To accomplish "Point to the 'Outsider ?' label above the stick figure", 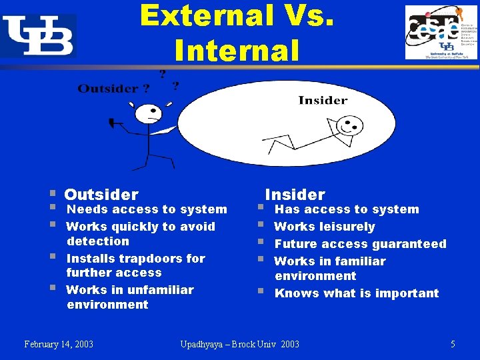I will click(x=113, y=89).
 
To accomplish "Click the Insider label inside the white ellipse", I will click(x=323, y=100).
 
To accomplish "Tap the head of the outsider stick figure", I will click(x=149, y=114).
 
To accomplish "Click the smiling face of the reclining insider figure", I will click(x=349, y=125).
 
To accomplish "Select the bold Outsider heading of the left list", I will click(x=101, y=195).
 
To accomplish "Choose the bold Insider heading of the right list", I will click(x=295, y=195).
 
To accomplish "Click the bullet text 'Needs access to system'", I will click(x=147, y=209).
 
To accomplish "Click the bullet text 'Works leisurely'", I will click(x=325, y=227).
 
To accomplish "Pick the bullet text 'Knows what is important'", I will click(x=357, y=293).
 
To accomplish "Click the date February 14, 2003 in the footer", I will click(x=59, y=344).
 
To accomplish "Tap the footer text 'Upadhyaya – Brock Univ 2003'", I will click(x=240, y=344).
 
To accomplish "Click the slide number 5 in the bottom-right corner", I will click(x=453, y=344).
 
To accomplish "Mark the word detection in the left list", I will click(x=98, y=241).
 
